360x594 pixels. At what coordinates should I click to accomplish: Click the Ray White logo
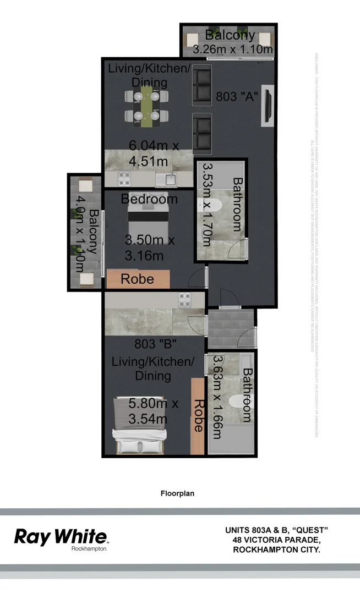61,537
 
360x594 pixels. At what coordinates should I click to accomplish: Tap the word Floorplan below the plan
177,493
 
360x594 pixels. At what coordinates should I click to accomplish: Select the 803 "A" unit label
238,95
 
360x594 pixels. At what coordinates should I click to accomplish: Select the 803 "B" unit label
155,345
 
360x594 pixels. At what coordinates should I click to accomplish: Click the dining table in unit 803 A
146,106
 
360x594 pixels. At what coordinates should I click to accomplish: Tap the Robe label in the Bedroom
138,279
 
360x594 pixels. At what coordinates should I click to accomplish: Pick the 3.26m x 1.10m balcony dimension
233,50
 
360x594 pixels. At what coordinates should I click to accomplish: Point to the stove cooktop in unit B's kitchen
184,300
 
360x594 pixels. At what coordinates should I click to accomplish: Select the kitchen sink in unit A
167,178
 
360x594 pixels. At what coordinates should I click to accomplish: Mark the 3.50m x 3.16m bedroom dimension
149,248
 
